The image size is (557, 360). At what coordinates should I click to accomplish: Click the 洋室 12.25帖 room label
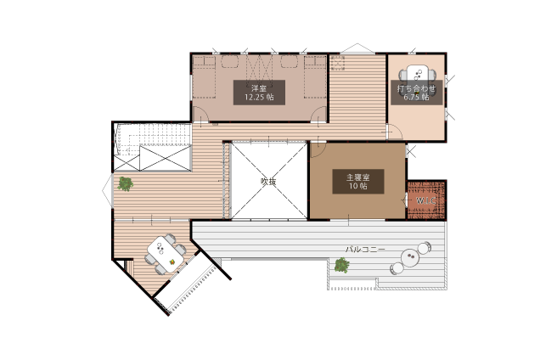[259, 93]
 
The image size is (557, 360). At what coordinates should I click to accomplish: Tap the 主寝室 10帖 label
[358, 181]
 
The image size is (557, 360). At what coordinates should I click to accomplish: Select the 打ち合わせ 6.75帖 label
[416, 93]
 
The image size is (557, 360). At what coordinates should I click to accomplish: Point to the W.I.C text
[425, 200]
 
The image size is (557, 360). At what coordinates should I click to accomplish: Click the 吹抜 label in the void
[268, 182]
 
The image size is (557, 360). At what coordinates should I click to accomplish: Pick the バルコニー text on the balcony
[365, 250]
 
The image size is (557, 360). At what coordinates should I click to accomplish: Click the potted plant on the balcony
[341, 265]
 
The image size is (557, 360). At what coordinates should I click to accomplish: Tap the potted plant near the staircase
[126, 184]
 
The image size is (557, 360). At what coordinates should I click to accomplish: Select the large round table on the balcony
[411, 257]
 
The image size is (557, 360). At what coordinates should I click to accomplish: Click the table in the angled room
[166, 254]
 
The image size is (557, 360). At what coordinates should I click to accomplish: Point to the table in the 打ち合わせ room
[417, 78]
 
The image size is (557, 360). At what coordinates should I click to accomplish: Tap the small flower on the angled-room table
[172, 262]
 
